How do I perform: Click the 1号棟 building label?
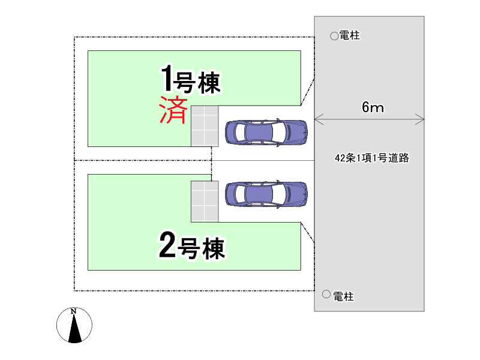pyautogui.click(x=191, y=80)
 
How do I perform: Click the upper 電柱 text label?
pyautogui.click(x=349, y=36)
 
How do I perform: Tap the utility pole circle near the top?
pyautogui.click(x=334, y=36)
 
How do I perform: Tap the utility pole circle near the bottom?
pyautogui.click(x=326, y=295)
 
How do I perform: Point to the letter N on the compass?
pyautogui.click(x=74, y=311)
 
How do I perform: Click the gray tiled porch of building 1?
pyautogui.click(x=204, y=125)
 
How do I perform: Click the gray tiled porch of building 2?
pyautogui.click(x=204, y=201)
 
